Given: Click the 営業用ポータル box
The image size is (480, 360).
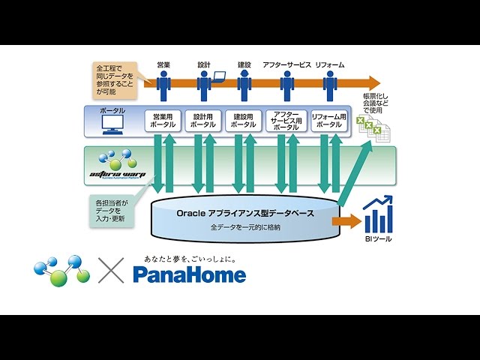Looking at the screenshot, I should pos(163,121).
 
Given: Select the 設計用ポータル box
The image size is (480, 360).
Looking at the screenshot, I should pos(204,121).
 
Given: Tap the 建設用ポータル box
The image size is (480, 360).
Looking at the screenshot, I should pos(244,121).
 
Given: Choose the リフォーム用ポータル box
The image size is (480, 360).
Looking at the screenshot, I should pos(329,121).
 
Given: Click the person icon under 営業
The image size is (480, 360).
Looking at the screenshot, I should pos(163,85).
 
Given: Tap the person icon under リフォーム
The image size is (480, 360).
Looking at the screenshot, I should pos(329,85).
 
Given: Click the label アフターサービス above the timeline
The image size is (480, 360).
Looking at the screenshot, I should pos(286,65).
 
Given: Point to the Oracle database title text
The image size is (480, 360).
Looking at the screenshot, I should pos(244,213).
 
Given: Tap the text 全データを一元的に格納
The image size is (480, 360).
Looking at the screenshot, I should pos(244,226).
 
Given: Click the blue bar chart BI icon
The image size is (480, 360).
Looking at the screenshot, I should pos(377,214).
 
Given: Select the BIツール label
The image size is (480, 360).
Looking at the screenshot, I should pos(377,240).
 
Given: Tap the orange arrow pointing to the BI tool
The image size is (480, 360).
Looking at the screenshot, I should pos(346,221).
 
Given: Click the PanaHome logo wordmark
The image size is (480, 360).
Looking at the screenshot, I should pos(189,274).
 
